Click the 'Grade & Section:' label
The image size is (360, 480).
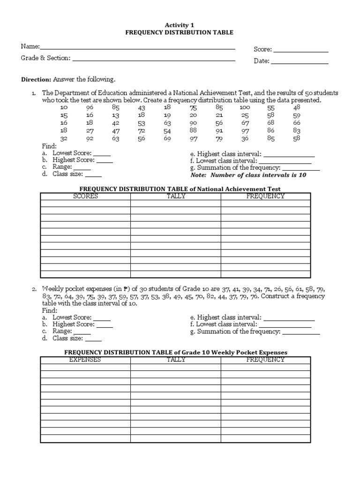point(45,58)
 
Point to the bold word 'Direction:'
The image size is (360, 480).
point(36,79)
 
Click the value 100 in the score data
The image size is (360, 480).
point(245,107)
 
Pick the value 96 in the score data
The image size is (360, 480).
point(90,107)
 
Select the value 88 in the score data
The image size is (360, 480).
point(193,130)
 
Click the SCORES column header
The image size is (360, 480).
point(85,196)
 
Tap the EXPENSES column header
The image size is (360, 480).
point(85,360)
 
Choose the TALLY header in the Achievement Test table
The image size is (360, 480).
point(176,196)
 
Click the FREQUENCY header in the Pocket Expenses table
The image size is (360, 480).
point(265,360)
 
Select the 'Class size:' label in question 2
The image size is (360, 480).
point(67,338)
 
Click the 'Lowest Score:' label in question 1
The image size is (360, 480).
point(72,153)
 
